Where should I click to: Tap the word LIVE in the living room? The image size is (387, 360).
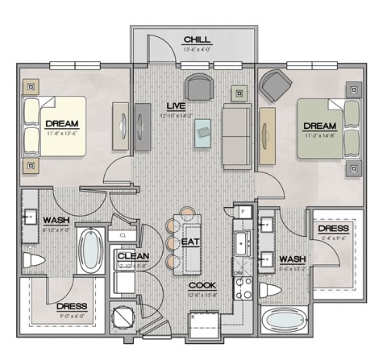tap(176, 106)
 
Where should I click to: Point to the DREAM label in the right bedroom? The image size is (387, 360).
tap(319, 126)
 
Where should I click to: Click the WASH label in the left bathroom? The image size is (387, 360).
tap(55, 220)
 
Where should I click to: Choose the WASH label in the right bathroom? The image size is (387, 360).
tap(291, 259)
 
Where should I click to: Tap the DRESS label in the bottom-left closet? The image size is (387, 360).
tap(73, 306)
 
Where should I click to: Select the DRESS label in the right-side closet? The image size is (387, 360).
tap(333, 229)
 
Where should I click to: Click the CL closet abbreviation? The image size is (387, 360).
tap(123, 235)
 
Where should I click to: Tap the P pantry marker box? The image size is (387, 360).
tap(242, 211)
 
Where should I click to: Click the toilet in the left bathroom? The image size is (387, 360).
tap(35, 260)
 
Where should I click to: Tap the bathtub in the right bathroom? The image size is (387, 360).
tap(284, 324)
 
